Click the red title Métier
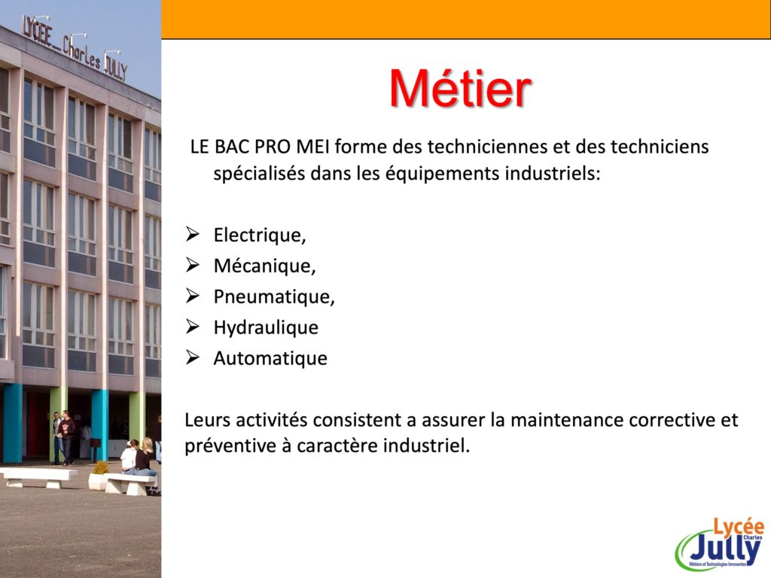pyautogui.click(x=460, y=89)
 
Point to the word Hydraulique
pyautogui.click(x=266, y=328)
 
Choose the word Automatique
pyautogui.click(x=270, y=358)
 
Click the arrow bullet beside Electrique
pyautogui.click(x=192, y=235)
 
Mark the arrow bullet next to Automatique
pyautogui.click(x=192, y=357)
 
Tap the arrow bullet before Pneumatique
pyautogui.click(x=192, y=296)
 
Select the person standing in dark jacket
pyautogui.click(x=66, y=437)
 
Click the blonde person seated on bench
pyautogui.click(x=145, y=463)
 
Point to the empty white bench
pyautogui.click(x=39, y=477)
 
